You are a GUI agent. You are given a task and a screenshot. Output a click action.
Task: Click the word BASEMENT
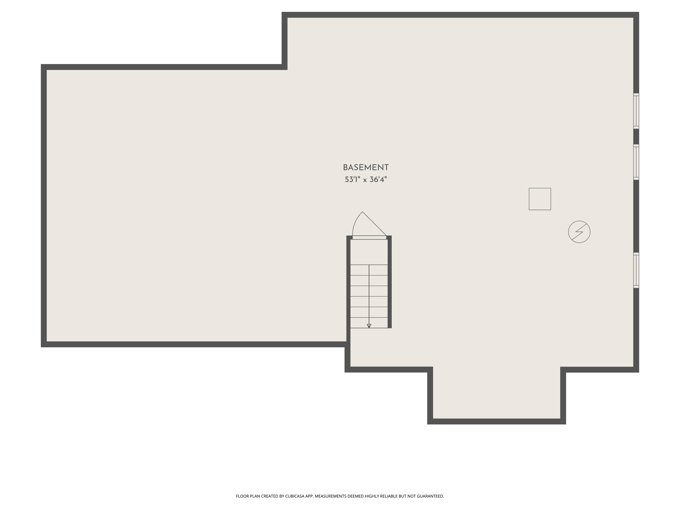[365, 168]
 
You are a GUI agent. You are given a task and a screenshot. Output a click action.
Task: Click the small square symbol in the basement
[540, 199]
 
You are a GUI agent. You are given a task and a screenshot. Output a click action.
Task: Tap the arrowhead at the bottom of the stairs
[369, 326]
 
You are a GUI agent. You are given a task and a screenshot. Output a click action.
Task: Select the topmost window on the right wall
[636, 111]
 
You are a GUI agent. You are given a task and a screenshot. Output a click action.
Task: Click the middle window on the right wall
[636, 162]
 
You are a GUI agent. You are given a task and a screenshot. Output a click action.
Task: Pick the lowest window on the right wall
[636, 270]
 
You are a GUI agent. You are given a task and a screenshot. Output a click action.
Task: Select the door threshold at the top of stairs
[369, 237]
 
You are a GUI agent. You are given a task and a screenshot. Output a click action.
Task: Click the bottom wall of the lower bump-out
[496, 421]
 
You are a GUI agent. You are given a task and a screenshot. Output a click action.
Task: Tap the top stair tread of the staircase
[369, 270]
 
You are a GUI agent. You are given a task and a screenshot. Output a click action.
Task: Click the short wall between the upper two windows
[636, 137]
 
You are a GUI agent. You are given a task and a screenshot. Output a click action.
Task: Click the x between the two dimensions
[365, 180]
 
